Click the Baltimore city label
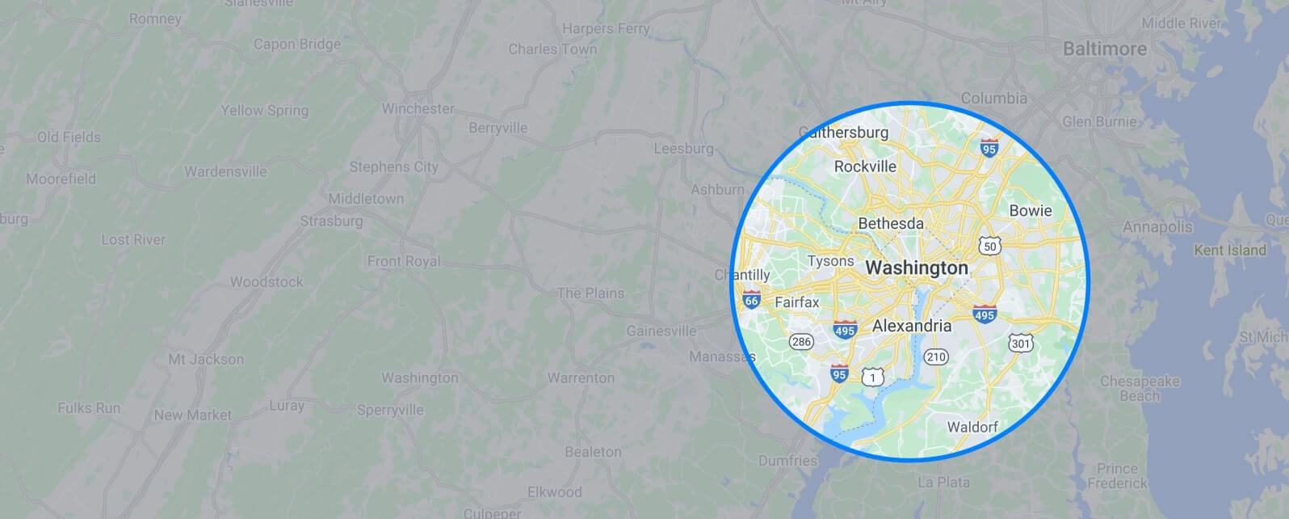coord(1104,49)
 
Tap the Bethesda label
coord(891,222)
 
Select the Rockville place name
coord(865,167)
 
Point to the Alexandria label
coord(912,326)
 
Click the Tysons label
coord(830,261)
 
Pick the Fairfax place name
coord(796,302)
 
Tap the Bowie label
coord(1031,211)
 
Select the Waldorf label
coord(972,426)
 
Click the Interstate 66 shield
coord(751,300)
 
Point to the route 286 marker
coord(801,342)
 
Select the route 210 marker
coord(936,357)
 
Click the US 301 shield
coord(1020,344)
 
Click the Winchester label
coord(418,108)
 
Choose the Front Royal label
coord(404,261)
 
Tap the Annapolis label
coord(1157,227)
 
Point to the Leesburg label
coord(683,149)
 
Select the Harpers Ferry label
coord(606,29)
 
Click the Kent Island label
coord(1229,251)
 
